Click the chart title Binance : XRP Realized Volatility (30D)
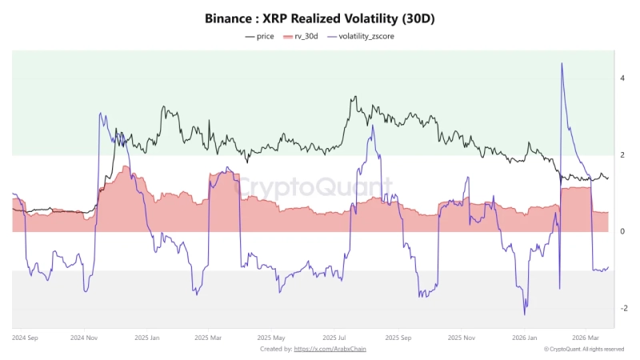coord(319,17)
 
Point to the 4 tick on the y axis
coord(622,78)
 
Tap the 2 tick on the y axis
coord(622,155)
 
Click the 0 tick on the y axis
coord(622,232)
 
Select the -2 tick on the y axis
coord(622,309)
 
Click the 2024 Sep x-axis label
coord(26,338)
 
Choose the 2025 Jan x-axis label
coord(148,338)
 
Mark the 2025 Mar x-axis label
coord(207,338)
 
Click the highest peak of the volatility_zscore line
coord(562,63)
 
